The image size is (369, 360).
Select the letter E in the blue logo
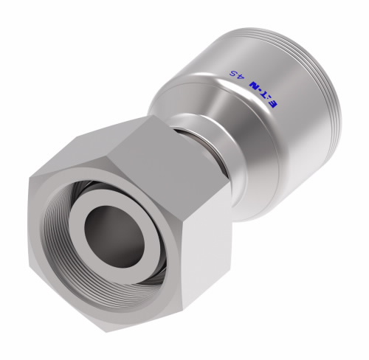point(276,109)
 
